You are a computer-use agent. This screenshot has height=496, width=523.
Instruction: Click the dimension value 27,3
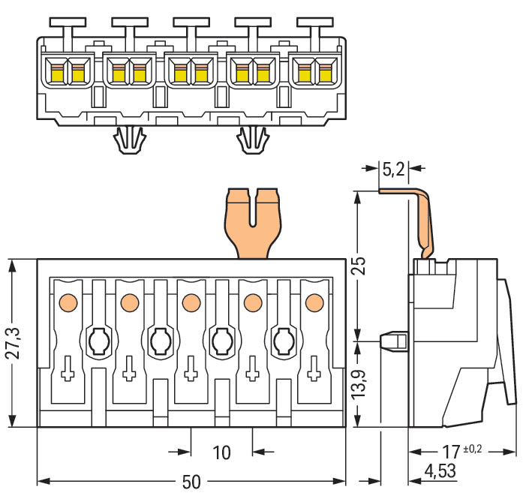(11, 343)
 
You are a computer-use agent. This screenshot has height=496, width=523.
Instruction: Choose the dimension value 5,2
(393, 170)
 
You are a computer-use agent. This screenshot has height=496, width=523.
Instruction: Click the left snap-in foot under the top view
(128, 139)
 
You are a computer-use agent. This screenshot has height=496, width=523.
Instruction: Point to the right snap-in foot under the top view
(253, 139)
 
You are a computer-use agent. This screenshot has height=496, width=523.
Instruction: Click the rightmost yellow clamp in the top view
(325, 73)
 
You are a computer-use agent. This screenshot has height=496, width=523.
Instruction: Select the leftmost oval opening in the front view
(98, 342)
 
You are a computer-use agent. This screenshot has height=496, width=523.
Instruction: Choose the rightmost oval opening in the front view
(283, 342)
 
